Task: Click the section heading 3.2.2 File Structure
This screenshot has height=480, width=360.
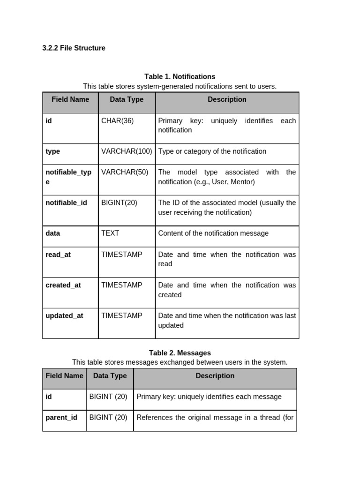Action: [x=74, y=48]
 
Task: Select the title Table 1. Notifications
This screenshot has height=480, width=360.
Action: [x=180, y=76]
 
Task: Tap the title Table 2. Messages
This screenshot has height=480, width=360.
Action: [x=180, y=352]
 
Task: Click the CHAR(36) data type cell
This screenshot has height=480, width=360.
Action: [x=117, y=121]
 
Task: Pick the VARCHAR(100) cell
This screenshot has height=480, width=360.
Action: [x=127, y=151]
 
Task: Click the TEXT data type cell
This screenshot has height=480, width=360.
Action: [x=110, y=233]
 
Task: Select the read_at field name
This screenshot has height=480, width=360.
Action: [x=58, y=255]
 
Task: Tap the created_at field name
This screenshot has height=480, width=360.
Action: [x=63, y=285]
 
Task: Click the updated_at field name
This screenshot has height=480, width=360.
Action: [x=64, y=315]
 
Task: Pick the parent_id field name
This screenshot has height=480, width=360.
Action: [x=61, y=417]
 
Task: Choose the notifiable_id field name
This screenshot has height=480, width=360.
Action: [x=66, y=202]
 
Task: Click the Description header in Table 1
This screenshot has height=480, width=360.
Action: [x=227, y=99]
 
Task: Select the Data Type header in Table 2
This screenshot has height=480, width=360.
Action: [x=110, y=375]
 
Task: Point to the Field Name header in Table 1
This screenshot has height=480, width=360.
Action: [x=70, y=99]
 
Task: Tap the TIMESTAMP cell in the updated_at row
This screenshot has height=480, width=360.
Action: [x=121, y=315]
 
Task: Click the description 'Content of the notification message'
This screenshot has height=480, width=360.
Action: [x=213, y=233]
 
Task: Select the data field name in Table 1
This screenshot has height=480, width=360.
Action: [x=53, y=233]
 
